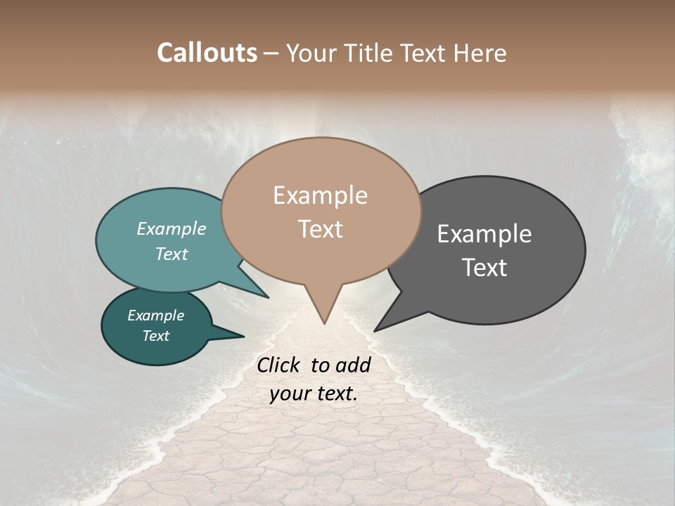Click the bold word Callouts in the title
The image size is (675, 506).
[207, 53]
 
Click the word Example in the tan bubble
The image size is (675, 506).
[320, 195]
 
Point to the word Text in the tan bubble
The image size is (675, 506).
[320, 229]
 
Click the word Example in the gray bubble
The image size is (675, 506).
[484, 234]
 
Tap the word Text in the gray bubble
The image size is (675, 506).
[484, 268]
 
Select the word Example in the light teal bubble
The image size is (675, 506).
[172, 229]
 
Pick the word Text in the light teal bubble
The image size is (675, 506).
[172, 254]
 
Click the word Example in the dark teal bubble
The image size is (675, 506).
[155, 316]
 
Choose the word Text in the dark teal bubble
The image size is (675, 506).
[155, 336]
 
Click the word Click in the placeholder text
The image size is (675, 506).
[280, 365]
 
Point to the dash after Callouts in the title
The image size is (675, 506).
[271, 53]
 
